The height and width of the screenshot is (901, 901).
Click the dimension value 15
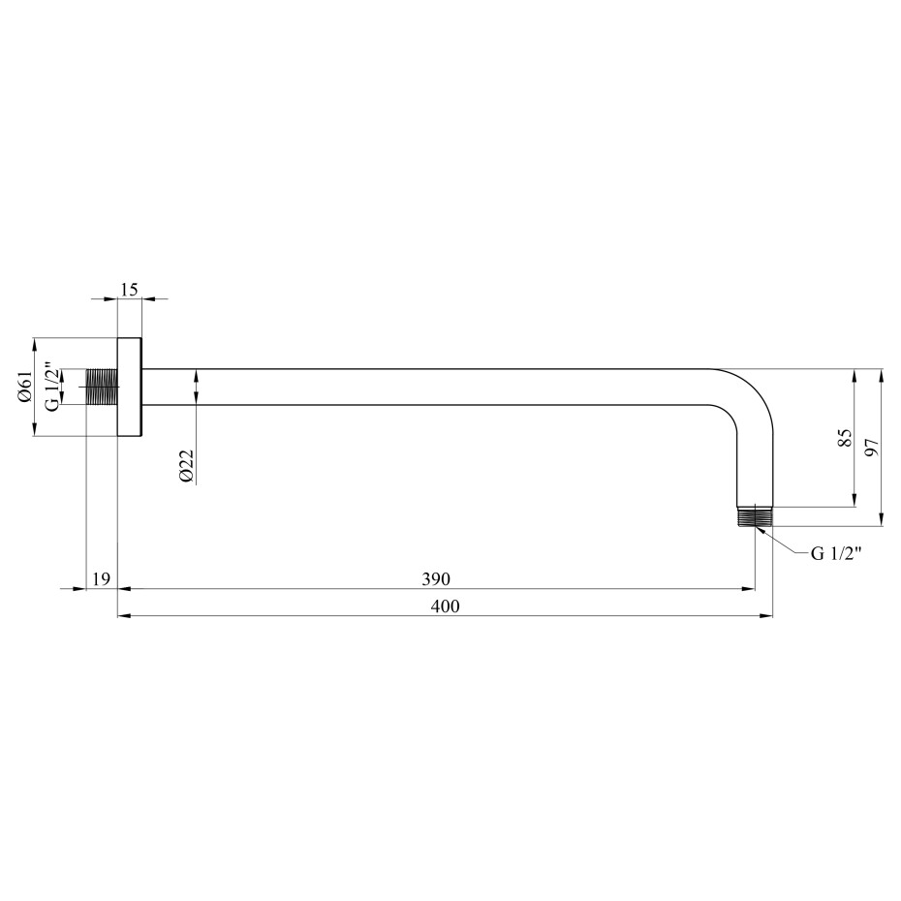coord(130,290)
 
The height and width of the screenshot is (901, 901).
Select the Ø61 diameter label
coord(24,387)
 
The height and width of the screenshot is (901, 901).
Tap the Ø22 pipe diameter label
coord(186,466)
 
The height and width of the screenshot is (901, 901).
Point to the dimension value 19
coord(101,578)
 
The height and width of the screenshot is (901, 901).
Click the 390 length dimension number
coord(436,578)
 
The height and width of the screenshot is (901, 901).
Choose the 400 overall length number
coord(446,606)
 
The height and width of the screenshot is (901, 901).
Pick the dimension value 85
coord(844,439)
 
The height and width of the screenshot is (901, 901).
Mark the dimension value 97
coord(872,447)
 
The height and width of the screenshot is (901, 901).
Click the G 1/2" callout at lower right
coord(836,553)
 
